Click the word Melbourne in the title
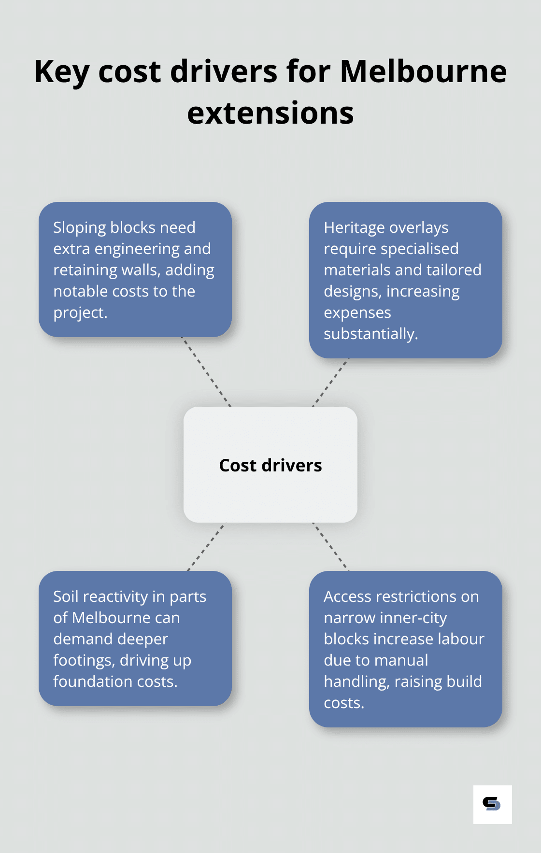[x=423, y=71]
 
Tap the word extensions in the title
[x=270, y=113]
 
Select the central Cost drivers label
[x=270, y=465]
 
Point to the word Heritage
[x=354, y=227]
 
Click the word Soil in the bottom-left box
[x=65, y=597]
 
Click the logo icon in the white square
[x=492, y=804]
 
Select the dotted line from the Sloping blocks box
[x=206, y=372]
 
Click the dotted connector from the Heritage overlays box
[x=330, y=382]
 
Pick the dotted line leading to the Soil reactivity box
[x=206, y=547]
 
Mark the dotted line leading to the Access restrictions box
[x=330, y=547]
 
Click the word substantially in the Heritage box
[x=370, y=334]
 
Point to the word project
[x=80, y=313]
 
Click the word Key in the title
[x=61, y=71]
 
